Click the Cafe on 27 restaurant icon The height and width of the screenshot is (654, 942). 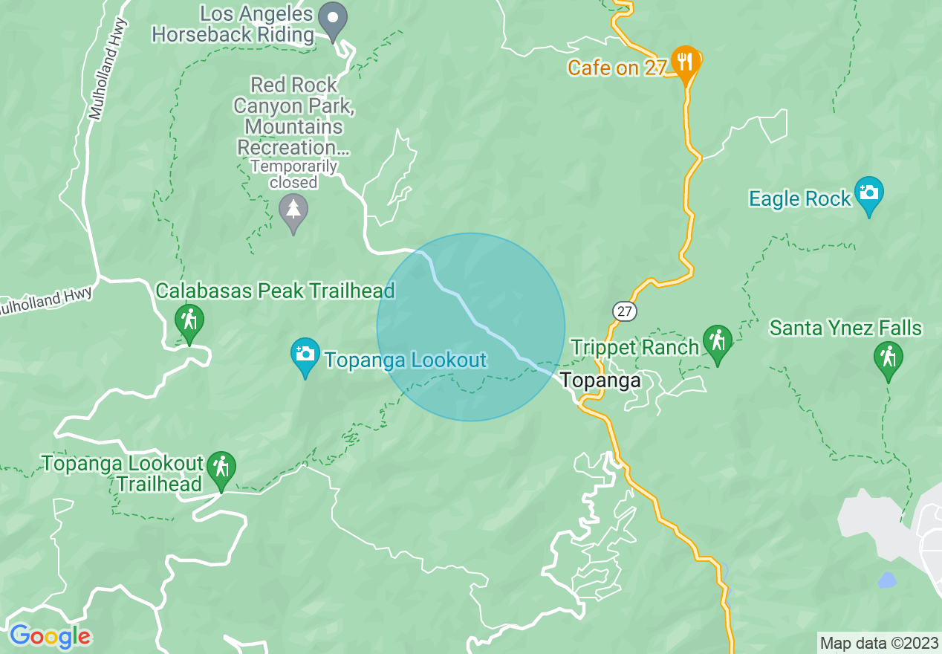pos(684,61)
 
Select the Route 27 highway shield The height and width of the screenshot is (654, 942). pos(625,311)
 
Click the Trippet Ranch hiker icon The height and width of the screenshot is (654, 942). pos(717,342)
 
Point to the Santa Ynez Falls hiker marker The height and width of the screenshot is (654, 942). pos(888,357)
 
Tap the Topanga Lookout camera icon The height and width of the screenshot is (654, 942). pos(305,354)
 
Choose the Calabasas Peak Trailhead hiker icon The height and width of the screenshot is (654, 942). pos(189,321)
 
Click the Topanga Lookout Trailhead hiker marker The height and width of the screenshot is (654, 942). pos(221,467)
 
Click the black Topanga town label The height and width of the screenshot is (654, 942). pos(600,381)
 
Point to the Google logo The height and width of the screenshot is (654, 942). pos(50,636)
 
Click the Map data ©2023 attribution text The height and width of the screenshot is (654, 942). pos(878,642)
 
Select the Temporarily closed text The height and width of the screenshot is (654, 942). pos(294,175)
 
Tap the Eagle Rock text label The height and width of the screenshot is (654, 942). pos(799,199)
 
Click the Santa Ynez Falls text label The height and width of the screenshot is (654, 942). pos(845,328)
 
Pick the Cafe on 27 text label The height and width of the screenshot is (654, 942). pos(617,68)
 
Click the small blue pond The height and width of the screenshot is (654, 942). pos(887,580)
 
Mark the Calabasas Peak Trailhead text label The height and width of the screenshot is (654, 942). pos(275,291)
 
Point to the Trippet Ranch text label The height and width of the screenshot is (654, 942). pos(635,347)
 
